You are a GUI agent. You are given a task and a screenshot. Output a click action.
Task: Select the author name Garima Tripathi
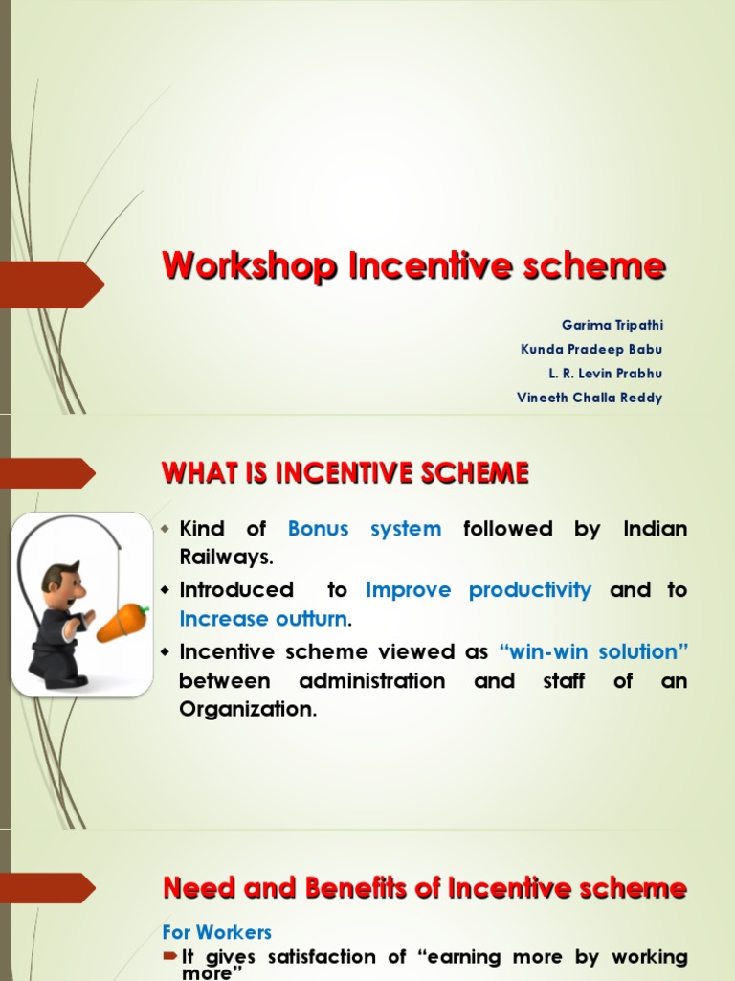612,326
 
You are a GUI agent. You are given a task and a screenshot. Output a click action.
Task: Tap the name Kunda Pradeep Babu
590,350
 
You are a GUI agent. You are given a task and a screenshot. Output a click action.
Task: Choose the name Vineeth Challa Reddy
589,398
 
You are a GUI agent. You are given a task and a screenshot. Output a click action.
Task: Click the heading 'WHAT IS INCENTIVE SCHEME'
345,473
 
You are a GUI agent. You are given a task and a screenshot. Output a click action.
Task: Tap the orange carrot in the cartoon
122,623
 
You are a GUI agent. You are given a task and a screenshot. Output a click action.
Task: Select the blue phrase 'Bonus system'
365,529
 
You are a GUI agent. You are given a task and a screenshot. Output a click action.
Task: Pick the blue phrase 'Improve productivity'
479,590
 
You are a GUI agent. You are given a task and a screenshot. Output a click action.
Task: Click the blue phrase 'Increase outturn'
263,620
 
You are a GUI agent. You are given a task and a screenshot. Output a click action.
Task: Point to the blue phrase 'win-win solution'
593,652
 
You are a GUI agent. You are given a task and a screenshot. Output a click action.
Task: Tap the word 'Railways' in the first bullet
225,559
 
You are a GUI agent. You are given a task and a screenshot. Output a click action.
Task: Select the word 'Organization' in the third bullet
247,710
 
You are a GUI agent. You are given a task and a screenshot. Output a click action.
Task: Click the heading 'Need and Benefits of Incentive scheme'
425,888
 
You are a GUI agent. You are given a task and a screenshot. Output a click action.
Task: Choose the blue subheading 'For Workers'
217,932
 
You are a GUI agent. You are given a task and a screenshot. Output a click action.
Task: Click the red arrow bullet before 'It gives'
170,956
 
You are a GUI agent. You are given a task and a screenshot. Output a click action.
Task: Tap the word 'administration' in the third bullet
372,681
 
